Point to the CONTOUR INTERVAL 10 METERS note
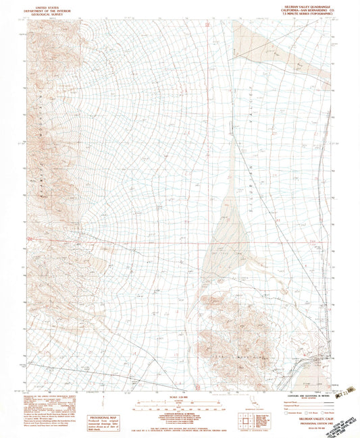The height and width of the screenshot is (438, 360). click(x=180, y=415)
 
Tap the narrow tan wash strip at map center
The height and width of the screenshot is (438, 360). click(x=234, y=169)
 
